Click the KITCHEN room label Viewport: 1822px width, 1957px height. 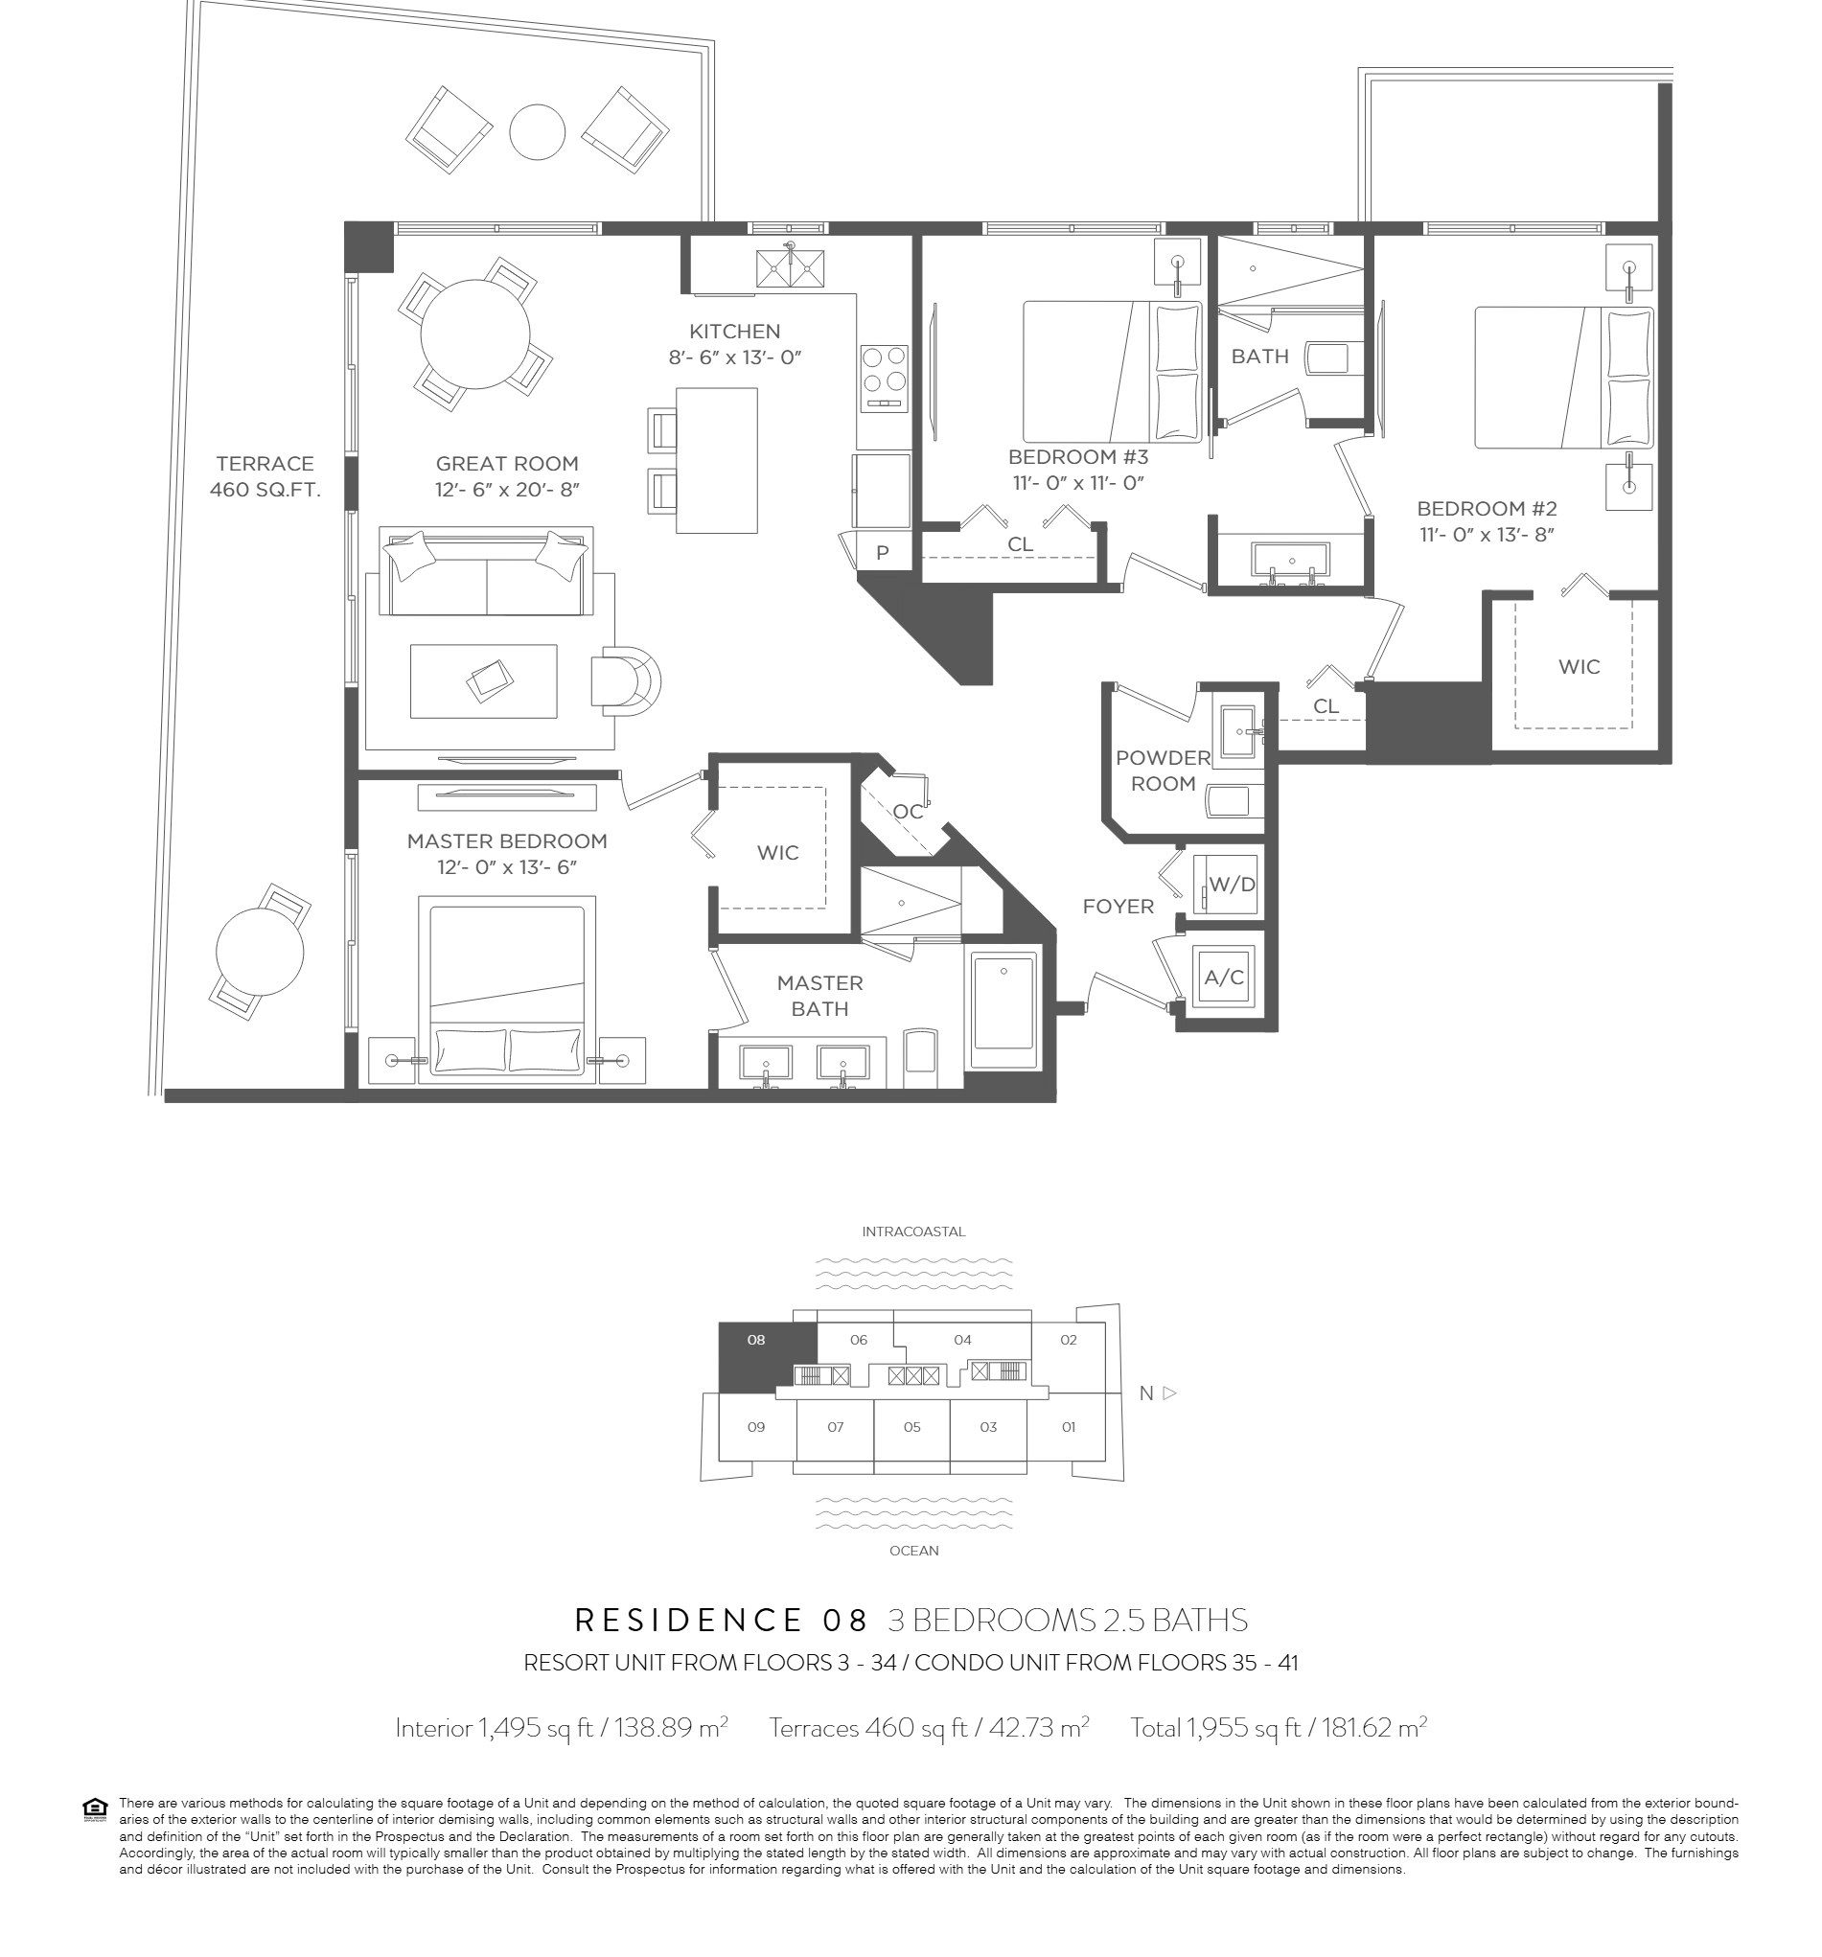734,332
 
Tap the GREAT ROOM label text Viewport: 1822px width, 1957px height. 507,464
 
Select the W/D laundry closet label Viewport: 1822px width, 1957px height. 1232,884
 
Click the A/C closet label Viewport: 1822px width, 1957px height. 1225,978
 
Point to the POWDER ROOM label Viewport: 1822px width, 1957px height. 1163,771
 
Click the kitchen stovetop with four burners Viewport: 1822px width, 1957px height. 883,378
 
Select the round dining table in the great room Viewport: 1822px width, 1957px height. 475,334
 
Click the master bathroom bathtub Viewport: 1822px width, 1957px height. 1004,1009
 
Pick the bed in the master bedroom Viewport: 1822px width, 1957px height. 507,988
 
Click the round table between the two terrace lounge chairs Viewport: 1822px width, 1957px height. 538,131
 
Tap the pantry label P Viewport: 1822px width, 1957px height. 882,552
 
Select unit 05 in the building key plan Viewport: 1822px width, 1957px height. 911,1426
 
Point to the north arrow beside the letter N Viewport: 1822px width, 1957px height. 1169,1393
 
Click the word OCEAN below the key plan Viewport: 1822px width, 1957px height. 913,1551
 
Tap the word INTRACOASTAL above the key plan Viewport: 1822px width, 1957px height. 913,1232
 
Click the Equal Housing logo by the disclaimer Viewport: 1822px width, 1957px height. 96,1808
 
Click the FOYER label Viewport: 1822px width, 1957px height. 1119,907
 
